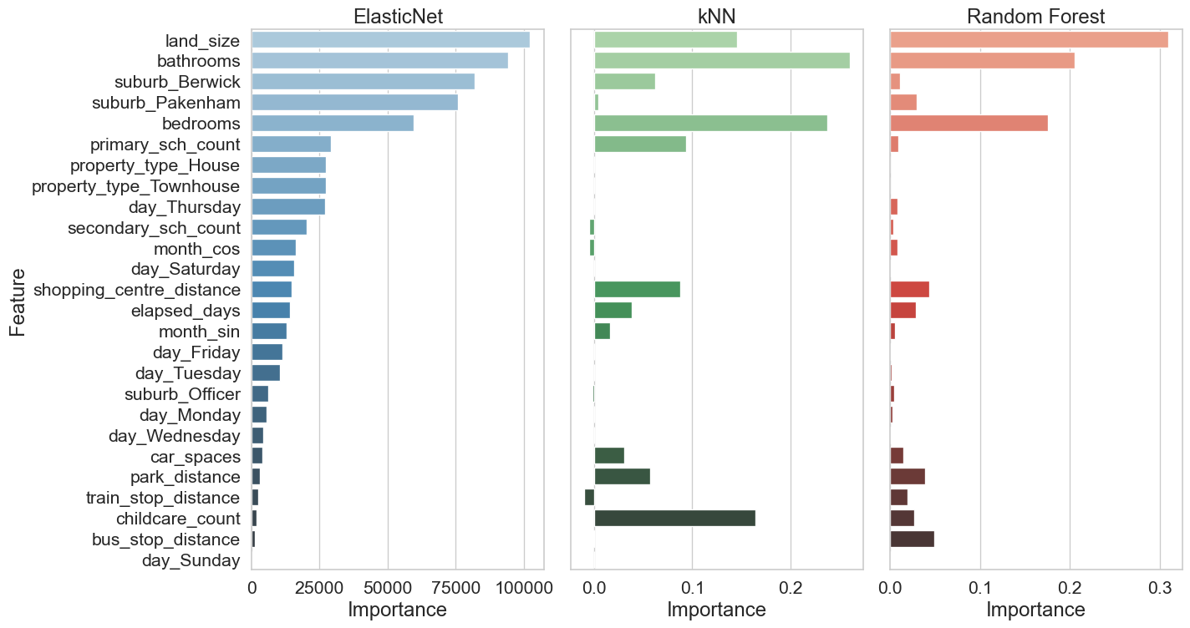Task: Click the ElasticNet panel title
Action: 398,16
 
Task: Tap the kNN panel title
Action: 716,16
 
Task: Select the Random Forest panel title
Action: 1035,16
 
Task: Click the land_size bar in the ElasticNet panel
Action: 390,40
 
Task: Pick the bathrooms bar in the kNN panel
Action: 722,61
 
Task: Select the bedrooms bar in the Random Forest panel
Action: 969,123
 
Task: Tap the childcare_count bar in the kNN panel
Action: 674,518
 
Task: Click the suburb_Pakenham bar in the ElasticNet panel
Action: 354,102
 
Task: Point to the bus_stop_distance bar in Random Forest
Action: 912,539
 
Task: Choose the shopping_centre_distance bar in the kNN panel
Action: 637,290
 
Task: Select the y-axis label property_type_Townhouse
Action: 136,186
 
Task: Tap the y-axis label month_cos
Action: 197,249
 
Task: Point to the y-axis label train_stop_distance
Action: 163,498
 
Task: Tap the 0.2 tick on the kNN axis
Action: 790,587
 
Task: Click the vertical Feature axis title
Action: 18,301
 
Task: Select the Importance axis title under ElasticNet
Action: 398,610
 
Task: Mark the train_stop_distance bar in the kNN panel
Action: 589,498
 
